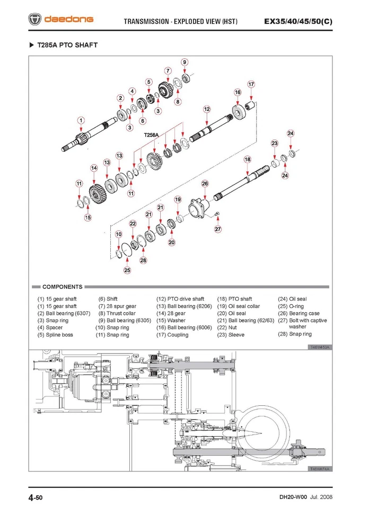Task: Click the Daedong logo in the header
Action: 60,20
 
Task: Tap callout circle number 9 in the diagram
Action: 185,62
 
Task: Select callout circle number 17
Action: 251,84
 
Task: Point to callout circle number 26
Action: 205,183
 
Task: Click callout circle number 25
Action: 127,270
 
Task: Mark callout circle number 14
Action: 94,168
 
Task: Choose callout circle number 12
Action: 206,109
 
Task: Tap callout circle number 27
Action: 218,229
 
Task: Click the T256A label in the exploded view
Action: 152,135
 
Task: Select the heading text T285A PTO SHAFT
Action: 67,45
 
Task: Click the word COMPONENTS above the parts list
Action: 62,287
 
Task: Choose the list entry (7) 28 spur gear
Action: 117,306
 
